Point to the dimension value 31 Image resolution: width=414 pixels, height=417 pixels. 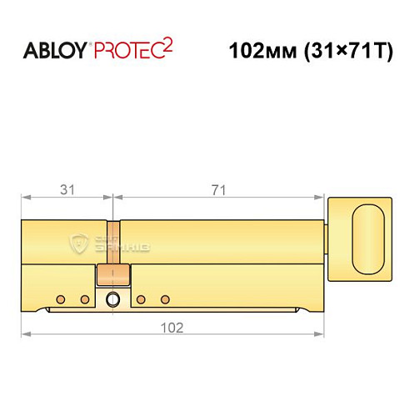67,190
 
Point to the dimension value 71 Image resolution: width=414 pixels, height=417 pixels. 218,190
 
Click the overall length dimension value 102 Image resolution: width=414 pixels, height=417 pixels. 172,326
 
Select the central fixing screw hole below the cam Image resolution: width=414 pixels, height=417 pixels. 112,299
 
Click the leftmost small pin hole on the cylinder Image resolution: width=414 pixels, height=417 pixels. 60,299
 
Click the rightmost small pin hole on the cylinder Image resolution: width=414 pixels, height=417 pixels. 164,299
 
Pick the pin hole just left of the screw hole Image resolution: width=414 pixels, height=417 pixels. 83,299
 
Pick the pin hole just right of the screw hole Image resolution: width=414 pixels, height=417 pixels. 141,299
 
